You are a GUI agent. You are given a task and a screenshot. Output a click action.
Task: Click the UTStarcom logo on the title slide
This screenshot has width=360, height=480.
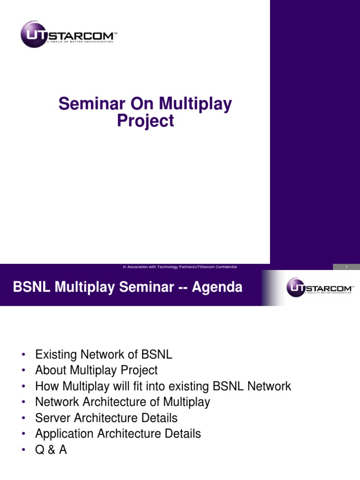(x=69, y=34)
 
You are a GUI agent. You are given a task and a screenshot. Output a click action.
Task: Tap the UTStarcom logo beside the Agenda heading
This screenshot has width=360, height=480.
(x=320, y=287)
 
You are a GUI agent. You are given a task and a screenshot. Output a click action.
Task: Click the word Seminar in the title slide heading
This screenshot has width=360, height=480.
(x=92, y=104)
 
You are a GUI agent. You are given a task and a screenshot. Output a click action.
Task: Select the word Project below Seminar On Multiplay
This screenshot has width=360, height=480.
(x=145, y=120)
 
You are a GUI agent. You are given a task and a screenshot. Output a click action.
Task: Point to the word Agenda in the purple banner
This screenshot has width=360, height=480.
(x=217, y=288)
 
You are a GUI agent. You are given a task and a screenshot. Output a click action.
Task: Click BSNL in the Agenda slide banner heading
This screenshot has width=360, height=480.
(x=31, y=287)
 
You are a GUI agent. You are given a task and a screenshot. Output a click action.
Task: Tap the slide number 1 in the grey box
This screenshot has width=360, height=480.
(x=346, y=267)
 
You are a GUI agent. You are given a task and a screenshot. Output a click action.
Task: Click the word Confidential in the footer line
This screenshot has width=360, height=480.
(x=226, y=267)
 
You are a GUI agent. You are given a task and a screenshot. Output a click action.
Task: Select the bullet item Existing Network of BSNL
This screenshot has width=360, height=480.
(x=104, y=354)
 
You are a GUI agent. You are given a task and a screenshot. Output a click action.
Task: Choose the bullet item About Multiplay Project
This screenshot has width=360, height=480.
(x=97, y=370)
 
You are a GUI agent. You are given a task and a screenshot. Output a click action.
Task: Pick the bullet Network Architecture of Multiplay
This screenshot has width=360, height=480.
(x=123, y=402)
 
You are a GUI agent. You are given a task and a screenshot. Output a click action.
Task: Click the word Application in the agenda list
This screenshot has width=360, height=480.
(x=64, y=434)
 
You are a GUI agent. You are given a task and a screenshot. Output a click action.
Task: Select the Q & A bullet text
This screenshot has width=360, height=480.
(x=51, y=450)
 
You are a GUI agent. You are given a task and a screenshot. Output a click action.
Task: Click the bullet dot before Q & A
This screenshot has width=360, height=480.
(x=23, y=450)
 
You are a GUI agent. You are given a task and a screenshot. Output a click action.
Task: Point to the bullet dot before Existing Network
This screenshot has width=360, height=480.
(x=23, y=355)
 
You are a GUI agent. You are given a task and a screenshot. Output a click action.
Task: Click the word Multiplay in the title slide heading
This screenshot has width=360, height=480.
(x=195, y=104)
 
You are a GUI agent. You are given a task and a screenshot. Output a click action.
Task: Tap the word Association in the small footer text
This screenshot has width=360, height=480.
(x=137, y=267)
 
